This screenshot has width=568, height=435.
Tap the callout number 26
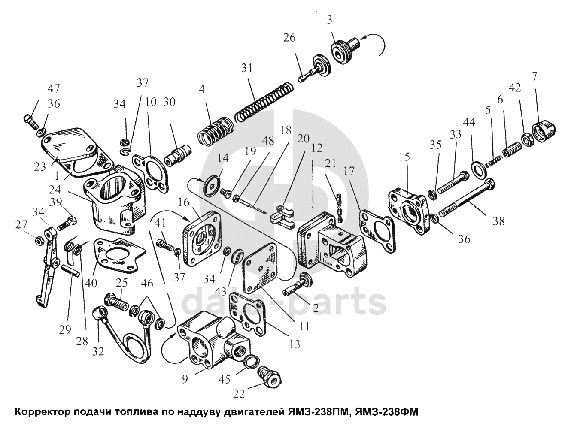point(289,38)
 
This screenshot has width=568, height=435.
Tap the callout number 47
point(54,89)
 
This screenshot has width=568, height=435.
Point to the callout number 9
point(185,379)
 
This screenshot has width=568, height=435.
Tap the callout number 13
point(295,344)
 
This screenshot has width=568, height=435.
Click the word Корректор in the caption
point(41,413)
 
